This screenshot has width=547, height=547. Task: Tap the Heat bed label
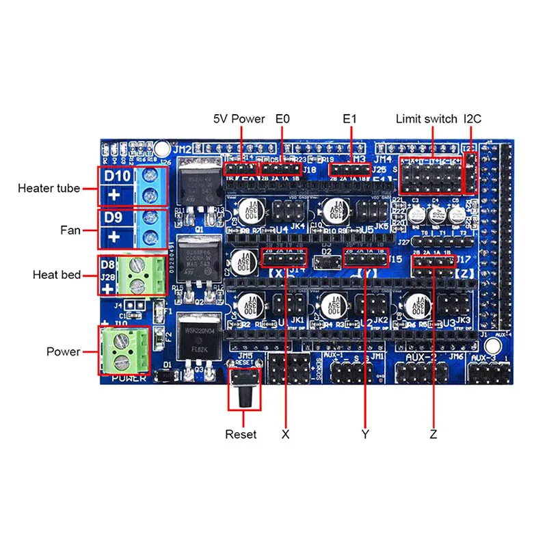tap(57, 275)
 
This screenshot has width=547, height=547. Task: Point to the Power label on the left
tap(63, 351)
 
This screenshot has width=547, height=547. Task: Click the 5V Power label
tap(239, 119)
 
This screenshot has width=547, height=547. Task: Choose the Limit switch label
tap(426, 119)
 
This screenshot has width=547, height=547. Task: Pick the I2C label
tap(472, 119)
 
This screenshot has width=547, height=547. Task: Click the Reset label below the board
tap(241, 434)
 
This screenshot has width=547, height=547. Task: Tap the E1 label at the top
tap(350, 119)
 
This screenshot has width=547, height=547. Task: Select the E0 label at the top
tap(282, 119)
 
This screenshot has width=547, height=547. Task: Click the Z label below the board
tap(433, 434)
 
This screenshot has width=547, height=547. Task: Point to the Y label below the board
tap(365, 434)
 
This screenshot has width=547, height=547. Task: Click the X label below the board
tap(285, 434)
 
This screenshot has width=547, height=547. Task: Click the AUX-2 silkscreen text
tap(418, 357)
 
